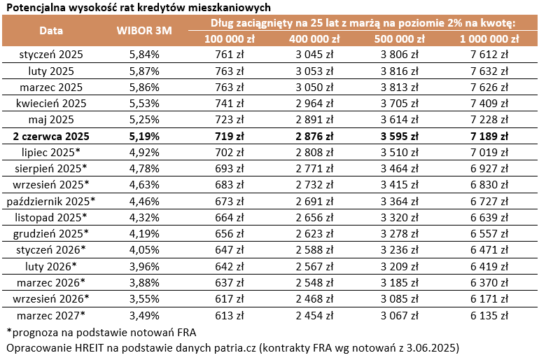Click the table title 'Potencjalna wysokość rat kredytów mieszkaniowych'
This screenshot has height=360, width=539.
138,7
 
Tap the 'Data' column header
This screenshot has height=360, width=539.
50,31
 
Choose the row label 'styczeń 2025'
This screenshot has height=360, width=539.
50,53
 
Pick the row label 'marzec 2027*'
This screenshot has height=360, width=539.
50,315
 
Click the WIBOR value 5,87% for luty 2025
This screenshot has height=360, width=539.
144,70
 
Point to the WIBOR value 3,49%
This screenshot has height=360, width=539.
144,315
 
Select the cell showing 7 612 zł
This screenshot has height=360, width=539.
490,53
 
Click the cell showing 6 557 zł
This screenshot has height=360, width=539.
490,234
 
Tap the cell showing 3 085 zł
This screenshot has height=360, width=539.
401,299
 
